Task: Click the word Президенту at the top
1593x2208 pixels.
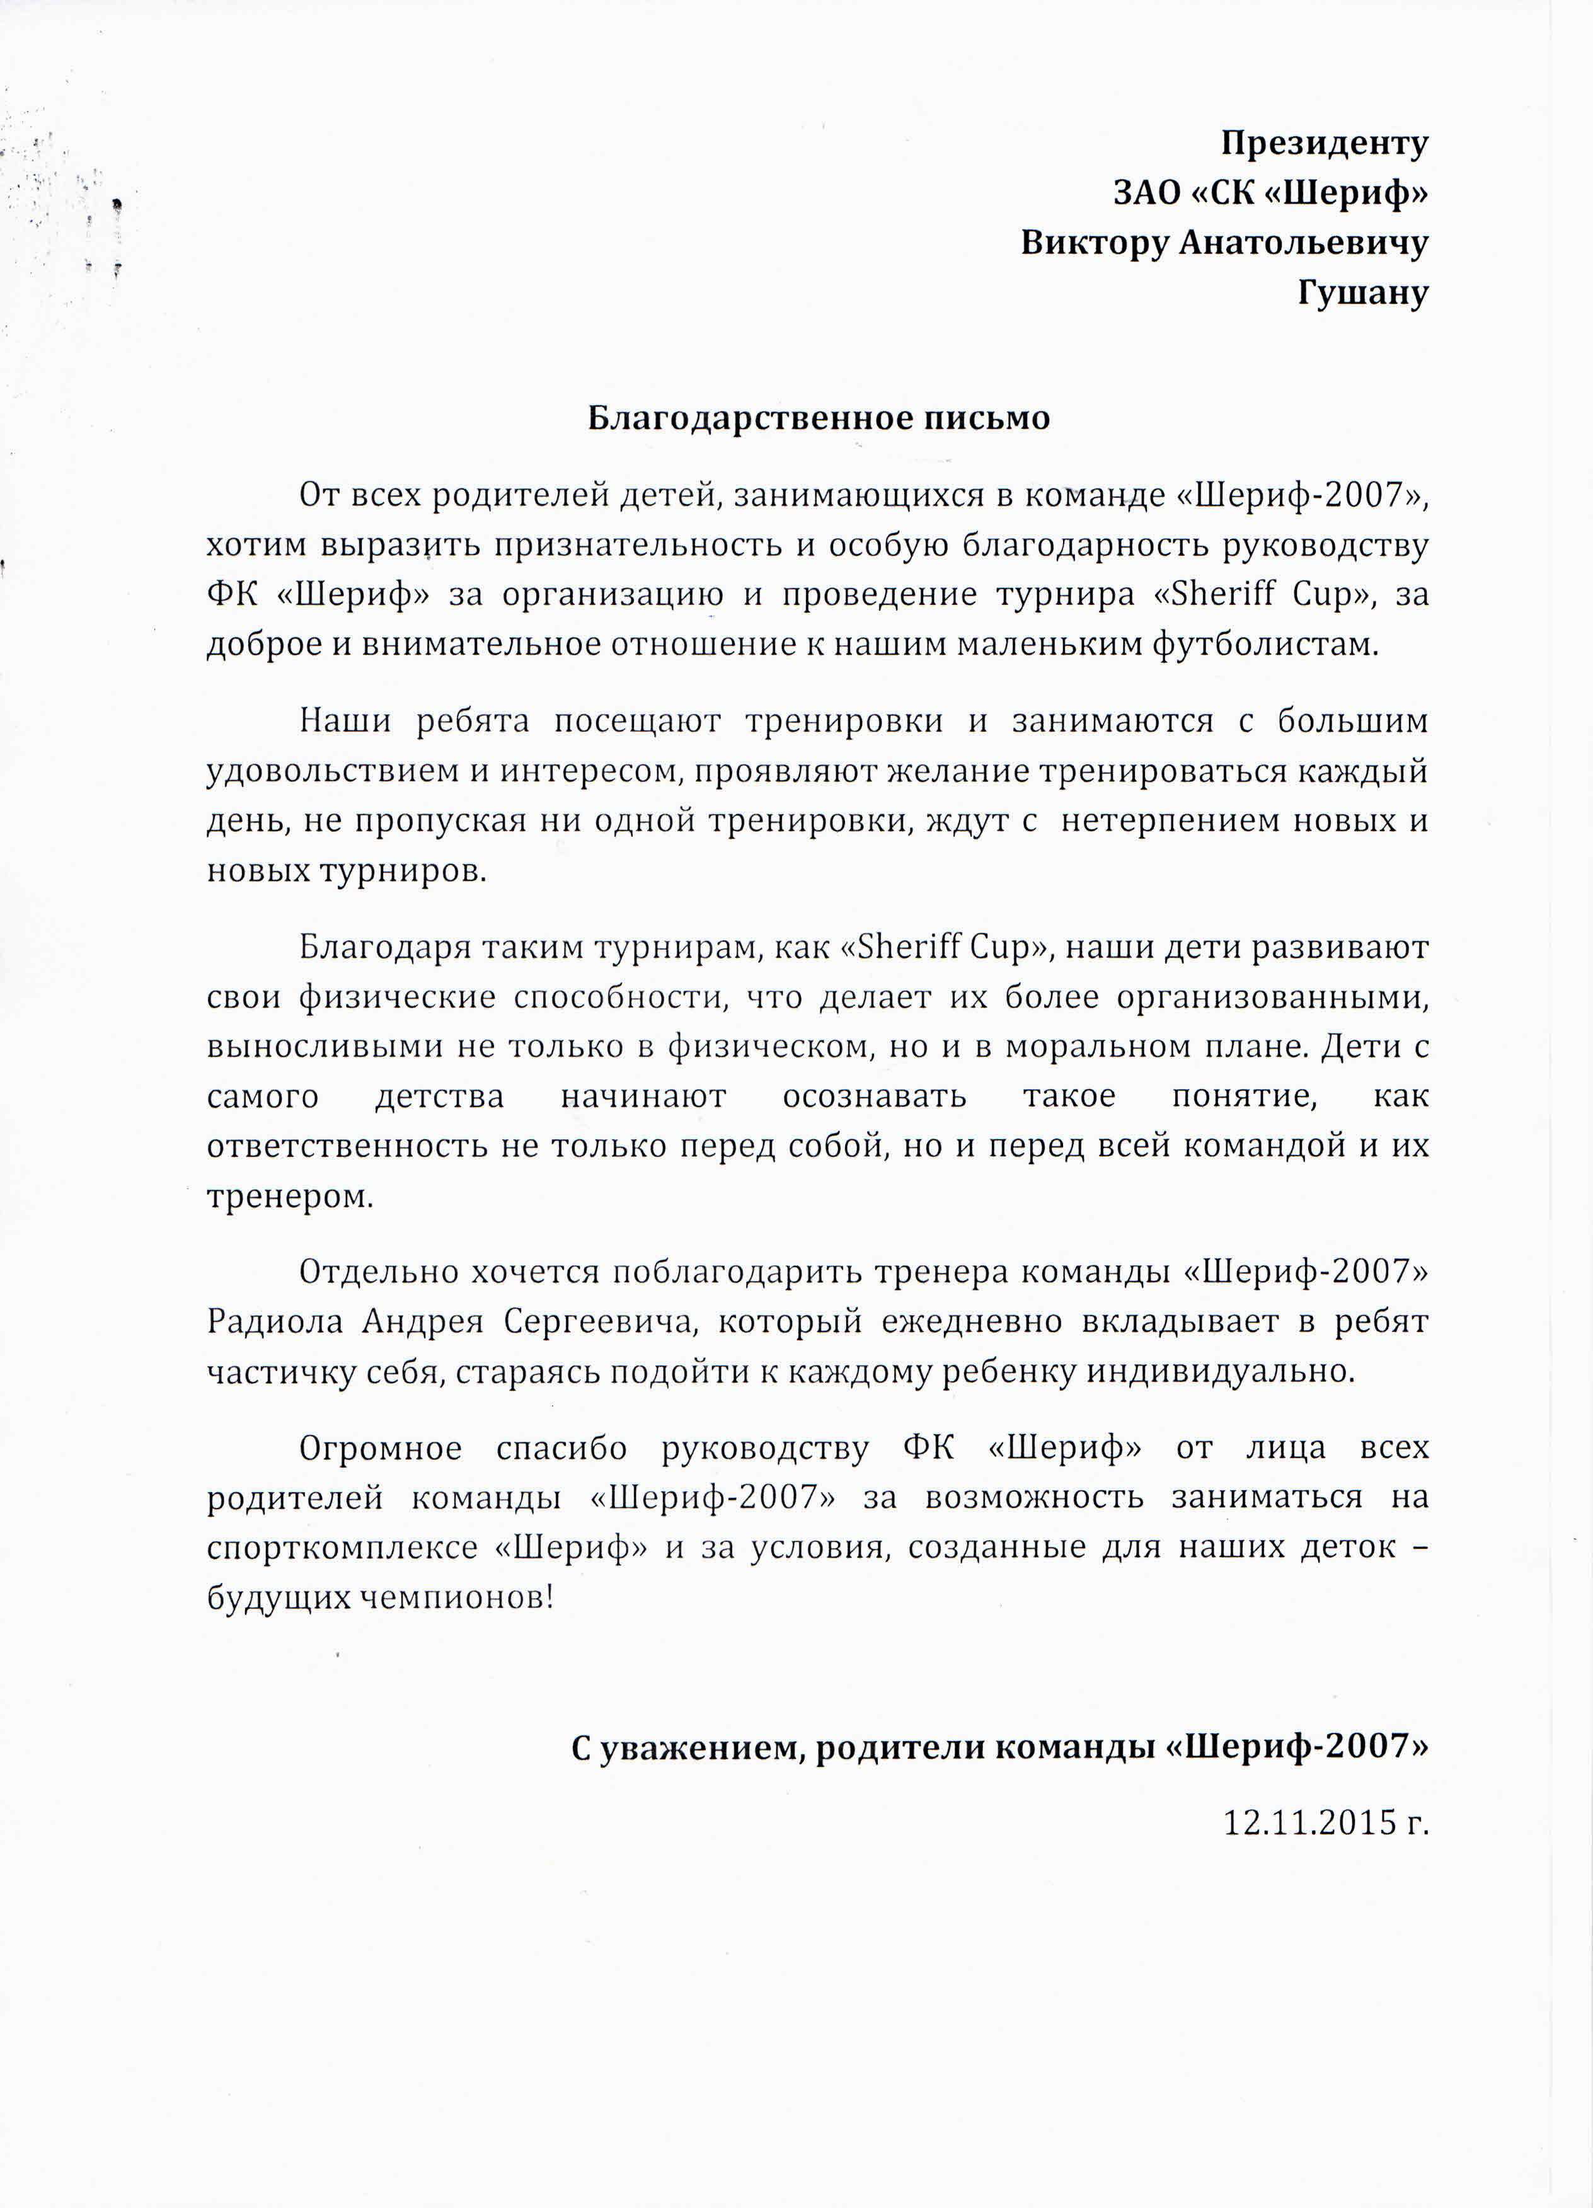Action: [1325, 144]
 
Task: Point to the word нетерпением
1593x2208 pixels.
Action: [1168, 820]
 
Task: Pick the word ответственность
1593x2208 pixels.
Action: [348, 1146]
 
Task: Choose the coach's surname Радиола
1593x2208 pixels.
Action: [275, 1322]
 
